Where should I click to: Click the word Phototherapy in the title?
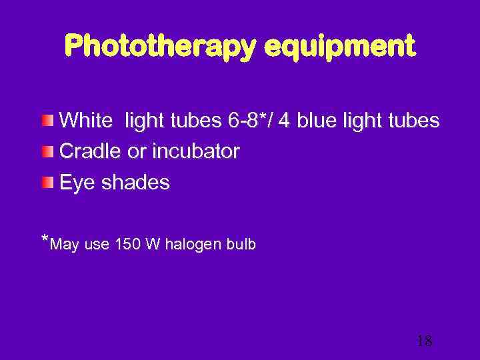click(x=158, y=47)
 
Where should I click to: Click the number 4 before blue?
click(x=285, y=121)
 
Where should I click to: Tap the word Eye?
click(x=77, y=183)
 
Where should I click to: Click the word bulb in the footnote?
click(x=242, y=245)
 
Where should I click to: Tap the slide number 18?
click(x=424, y=341)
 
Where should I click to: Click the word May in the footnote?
click(x=65, y=245)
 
